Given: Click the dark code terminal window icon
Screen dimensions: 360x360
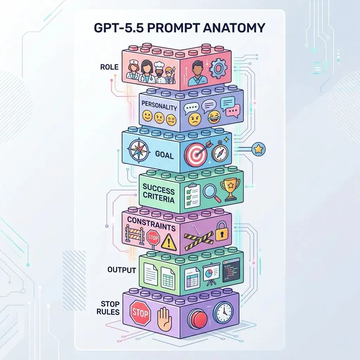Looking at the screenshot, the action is pyautogui.click(x=231, y=269).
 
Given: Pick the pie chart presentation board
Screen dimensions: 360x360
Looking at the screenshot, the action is pyautogui.click(x=211, y=274).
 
